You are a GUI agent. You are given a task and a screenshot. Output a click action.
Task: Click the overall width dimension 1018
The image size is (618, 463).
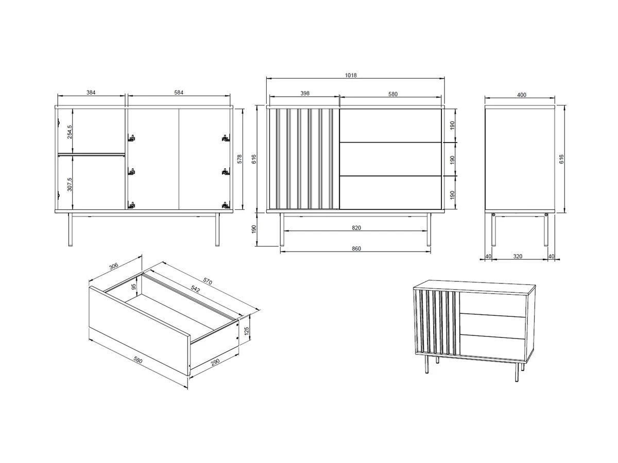coord(351,75)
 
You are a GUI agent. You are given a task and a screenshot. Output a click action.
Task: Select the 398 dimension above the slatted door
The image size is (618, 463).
coord(305,93)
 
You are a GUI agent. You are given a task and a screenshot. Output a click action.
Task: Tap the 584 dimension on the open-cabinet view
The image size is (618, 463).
coord(179,93)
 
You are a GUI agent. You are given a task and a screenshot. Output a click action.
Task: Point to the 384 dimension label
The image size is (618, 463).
coord(91,93)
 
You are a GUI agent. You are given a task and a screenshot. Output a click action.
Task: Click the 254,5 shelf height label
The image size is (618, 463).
coord(70,132)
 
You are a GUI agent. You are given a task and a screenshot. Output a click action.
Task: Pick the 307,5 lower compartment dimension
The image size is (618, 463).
coord(70,184)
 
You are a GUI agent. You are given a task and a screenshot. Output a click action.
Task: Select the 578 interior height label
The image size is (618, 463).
coord(239,159)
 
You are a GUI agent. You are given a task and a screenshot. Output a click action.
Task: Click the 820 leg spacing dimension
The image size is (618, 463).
coord(356,228)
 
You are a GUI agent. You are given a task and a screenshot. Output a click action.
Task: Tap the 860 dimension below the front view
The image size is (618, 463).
coord(356,248)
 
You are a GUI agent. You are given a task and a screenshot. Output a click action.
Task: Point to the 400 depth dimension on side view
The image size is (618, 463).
coord(521,95)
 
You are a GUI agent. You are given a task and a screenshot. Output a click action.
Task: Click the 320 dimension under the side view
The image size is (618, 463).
coord(518,256)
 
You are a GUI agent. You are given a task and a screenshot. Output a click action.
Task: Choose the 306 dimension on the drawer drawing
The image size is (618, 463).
coord(113,266)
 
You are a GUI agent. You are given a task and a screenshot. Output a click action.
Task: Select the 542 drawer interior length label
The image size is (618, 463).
coord(195,289)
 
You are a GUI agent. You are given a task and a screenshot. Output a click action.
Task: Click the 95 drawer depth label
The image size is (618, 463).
coord(134,287)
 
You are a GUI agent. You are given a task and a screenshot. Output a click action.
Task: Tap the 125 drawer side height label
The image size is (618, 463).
coord(247,331)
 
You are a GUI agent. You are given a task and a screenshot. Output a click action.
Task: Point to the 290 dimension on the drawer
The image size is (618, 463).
coord(215,362)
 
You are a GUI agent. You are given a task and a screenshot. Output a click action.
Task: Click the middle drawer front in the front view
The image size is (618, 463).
coord(390,159)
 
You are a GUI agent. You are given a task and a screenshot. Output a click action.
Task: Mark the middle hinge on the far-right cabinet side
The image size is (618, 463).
coord(226,171)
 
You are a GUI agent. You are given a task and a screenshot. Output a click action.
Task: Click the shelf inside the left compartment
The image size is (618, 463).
coord(92,154)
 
